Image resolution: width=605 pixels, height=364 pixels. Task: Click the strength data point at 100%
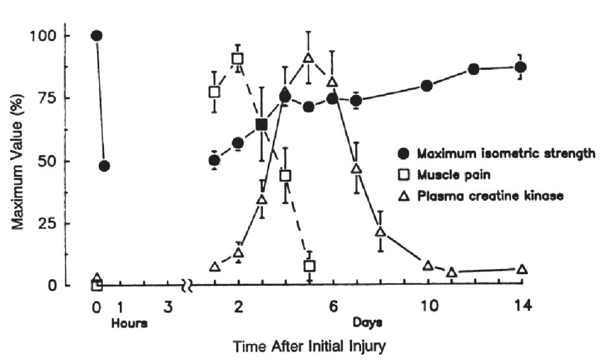pos(97,35)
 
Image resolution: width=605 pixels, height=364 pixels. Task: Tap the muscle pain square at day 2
pos(238,58)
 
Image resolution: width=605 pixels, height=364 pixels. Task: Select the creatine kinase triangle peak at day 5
pos(308,58)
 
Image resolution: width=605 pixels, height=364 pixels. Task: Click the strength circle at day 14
pos(521,67)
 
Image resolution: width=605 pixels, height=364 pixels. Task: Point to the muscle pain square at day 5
pos(309,266)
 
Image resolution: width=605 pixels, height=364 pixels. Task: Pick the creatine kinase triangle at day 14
pos(522,269)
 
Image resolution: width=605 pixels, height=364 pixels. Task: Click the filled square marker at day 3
pos(262,125)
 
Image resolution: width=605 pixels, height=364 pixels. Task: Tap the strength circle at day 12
pos(473,69)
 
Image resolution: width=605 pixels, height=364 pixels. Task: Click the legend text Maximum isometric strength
pos(506,155)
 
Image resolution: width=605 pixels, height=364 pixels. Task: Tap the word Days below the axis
pos(367,323)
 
